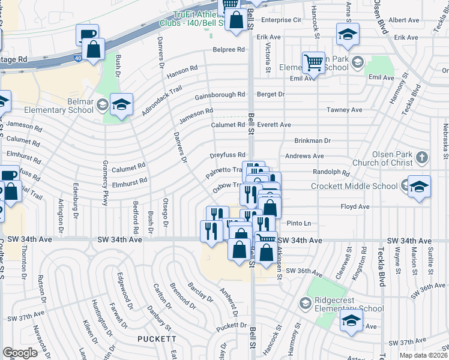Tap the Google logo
tap(20, 353)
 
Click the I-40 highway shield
tap(79, 58)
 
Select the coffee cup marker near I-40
tap(87, 35)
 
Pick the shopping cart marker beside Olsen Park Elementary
tap(313, 62)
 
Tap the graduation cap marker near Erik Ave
tap(348, 34)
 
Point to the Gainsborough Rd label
tap(220, 95)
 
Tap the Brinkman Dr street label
tap(312, 140)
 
